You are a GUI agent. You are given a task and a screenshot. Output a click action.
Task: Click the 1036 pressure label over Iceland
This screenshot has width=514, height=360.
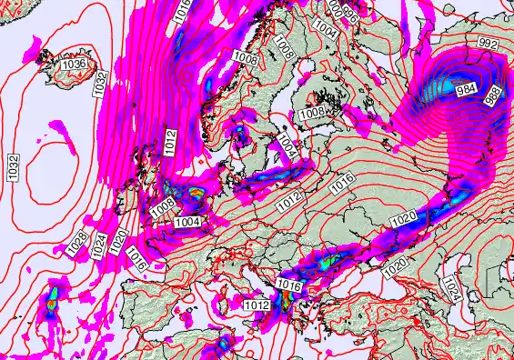coord(74,65)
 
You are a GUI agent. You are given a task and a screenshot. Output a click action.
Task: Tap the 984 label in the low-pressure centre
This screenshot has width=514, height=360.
coord(467,89)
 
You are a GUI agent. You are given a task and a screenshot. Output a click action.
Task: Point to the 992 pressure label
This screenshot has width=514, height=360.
coord(489,43)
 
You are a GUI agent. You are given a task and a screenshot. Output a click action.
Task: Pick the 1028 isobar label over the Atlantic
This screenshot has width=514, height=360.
coord(78,243)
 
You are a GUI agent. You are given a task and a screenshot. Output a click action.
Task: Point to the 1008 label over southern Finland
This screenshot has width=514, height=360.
coord(312,112)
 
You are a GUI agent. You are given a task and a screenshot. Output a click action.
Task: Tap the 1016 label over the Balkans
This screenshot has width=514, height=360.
coord(288,286)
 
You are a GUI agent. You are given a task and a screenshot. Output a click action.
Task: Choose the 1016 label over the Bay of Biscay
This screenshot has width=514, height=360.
coord(138,259)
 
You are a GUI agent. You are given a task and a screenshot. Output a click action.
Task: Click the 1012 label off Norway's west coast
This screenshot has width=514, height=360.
coord(171,139)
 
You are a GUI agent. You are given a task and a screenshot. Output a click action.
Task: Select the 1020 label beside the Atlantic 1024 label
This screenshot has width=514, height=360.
coord(118,240)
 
